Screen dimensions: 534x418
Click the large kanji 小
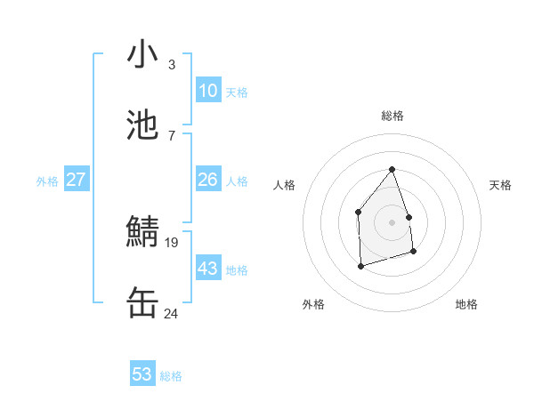[142, 55]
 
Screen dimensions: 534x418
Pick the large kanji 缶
[142, 302]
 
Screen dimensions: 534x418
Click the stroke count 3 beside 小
[172, 65]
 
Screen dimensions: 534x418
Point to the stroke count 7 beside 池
[172, 135]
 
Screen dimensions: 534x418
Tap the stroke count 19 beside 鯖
[172, 241]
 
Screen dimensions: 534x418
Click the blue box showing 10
[208, 91]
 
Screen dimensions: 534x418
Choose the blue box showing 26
[208, 180]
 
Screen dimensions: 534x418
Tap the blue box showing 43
[208, 269]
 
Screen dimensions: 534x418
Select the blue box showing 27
[77, 180]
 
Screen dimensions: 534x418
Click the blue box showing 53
[142, 374]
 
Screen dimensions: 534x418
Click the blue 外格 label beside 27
[47, 181]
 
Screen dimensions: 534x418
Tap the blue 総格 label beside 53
[171, 376]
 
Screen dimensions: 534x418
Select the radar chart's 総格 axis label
[392, 116]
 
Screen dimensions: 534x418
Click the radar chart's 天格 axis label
[500, 185]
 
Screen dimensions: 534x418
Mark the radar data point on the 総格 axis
[392, 169]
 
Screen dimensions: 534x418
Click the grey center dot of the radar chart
[392, 221]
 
